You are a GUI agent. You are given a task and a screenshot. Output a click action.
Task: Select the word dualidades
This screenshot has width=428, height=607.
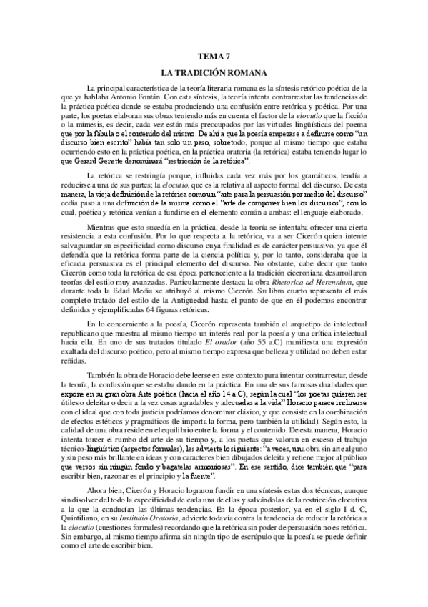(347, 384)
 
